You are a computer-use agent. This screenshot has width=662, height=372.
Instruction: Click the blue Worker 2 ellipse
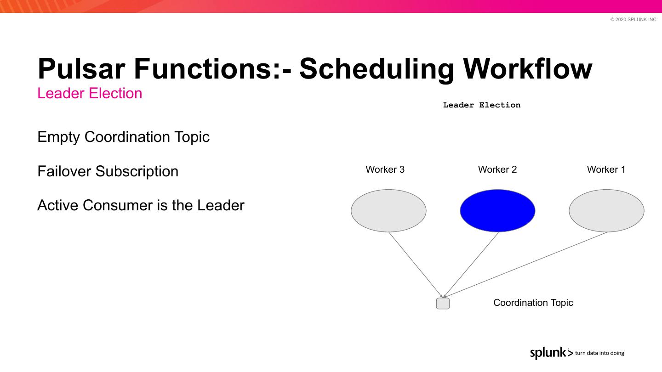[497, 210]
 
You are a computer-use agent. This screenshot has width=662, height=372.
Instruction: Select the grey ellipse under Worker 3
[388, 210]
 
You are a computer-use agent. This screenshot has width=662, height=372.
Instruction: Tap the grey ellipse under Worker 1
[606, 210]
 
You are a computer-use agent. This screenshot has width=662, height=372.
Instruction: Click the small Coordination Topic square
[443, 304]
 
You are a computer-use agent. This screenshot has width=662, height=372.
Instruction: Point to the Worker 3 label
[385, 169]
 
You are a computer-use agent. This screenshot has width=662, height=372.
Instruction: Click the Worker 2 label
[497, 169]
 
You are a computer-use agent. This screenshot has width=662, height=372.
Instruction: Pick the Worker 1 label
[606, 169]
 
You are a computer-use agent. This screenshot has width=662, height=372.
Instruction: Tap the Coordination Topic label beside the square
[533, 303]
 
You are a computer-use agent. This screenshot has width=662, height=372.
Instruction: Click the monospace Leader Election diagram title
[482, 105]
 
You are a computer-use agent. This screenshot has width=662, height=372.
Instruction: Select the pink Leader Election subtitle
[90, 93]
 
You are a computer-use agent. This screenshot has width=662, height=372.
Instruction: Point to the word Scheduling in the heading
[377, 70]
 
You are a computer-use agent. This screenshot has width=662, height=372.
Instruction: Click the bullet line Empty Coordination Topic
[123, 137]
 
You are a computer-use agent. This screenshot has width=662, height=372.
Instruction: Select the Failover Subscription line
[108, 171]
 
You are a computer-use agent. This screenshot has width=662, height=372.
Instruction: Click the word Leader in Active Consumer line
[221, 205]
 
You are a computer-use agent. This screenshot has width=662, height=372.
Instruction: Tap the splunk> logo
[552, 353]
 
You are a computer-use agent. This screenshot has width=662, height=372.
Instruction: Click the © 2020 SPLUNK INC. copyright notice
[634, 19]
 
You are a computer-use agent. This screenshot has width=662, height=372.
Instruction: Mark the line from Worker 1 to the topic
[525, 264]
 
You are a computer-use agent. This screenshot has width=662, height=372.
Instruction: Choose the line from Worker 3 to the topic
[416, 265]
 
